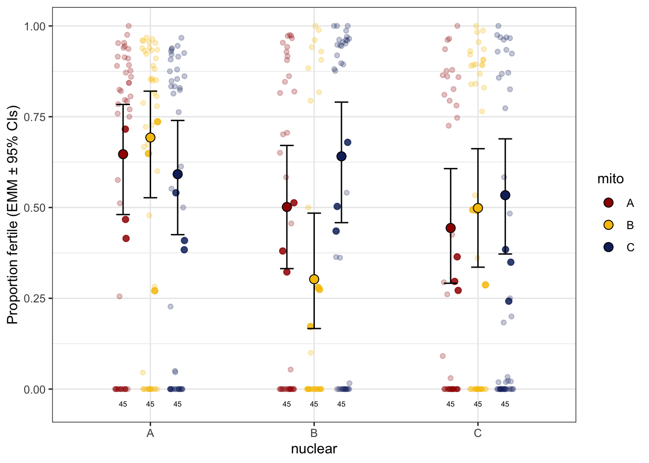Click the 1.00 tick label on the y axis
click(x=34, y=26)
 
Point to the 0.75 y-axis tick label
click(x=34, y=117)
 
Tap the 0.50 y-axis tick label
click(x=34, y=207)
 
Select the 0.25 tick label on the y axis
click(x=34, y=298)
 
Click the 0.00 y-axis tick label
click(x=34, y=389)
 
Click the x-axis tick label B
click(x=314, y=433)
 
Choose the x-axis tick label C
click(x=478, y=433)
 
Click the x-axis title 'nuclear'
click(x=314, y=449)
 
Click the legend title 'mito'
click(x=610, y=179)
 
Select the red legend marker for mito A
click(x=608, y=203)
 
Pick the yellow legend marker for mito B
click(x=608, y=225)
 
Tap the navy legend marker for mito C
click(x=608, y=247)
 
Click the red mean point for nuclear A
click(x=123, y=154)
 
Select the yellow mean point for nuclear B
click(x=314, y=279)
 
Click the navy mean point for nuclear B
click(x=341, y=156)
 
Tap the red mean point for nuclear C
click(x=451, y=228)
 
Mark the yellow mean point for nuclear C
click(x=478, y=208)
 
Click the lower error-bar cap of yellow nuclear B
click(x=314, y=328)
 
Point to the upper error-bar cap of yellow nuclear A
click(x=150, y=91)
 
